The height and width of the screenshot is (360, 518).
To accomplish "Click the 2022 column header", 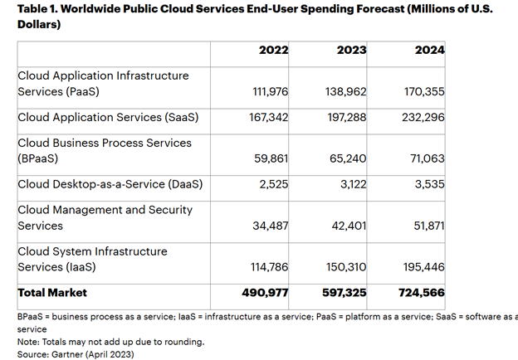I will pos(273,50).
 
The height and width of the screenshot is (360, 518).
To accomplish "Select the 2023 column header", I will pos(351,50).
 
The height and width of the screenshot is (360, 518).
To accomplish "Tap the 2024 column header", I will pos(429,50).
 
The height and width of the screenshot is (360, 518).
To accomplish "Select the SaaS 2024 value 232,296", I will pos(423,117).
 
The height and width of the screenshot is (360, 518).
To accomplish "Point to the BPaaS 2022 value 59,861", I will pos(270,158).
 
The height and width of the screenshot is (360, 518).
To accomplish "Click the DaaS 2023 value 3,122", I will pos(351,184).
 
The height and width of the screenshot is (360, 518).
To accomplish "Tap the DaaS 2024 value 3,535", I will pos(429,184).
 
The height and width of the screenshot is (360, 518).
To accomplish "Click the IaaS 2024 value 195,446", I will pos(423,267).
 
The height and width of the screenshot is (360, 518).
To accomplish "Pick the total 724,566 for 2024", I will pos(422,293).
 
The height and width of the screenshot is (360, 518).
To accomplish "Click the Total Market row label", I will pos(52,293).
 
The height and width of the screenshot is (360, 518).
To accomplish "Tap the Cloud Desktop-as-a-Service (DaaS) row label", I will pos(110,184).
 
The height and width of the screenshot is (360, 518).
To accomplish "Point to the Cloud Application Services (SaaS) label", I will pos(108,117).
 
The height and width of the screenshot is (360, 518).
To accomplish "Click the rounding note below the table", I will pos(110,341).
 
